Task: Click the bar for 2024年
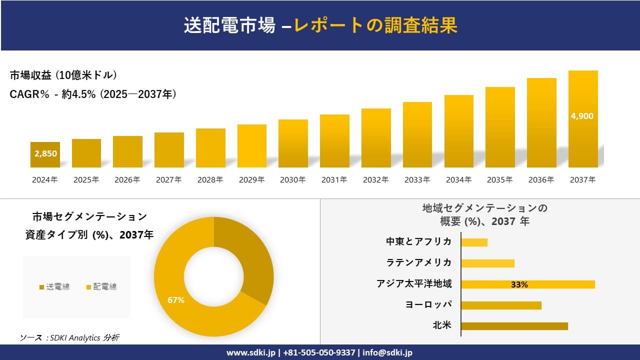coord(45,154)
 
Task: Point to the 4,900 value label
coord(582,116)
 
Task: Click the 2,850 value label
coord(45,153)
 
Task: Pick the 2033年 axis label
coord(417,180)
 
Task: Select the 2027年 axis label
coord(168,180)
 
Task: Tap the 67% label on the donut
coord(176,300)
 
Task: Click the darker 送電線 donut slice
coord(247,260)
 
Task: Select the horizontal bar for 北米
coord(514,326)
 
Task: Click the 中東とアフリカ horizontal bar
coord(474,242)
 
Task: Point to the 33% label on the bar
coord(519,284)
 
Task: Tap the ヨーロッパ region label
coord(428,304)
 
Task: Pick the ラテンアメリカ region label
coord(419,262)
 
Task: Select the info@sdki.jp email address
coord(388,352)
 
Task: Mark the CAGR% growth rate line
coord(93,94)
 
